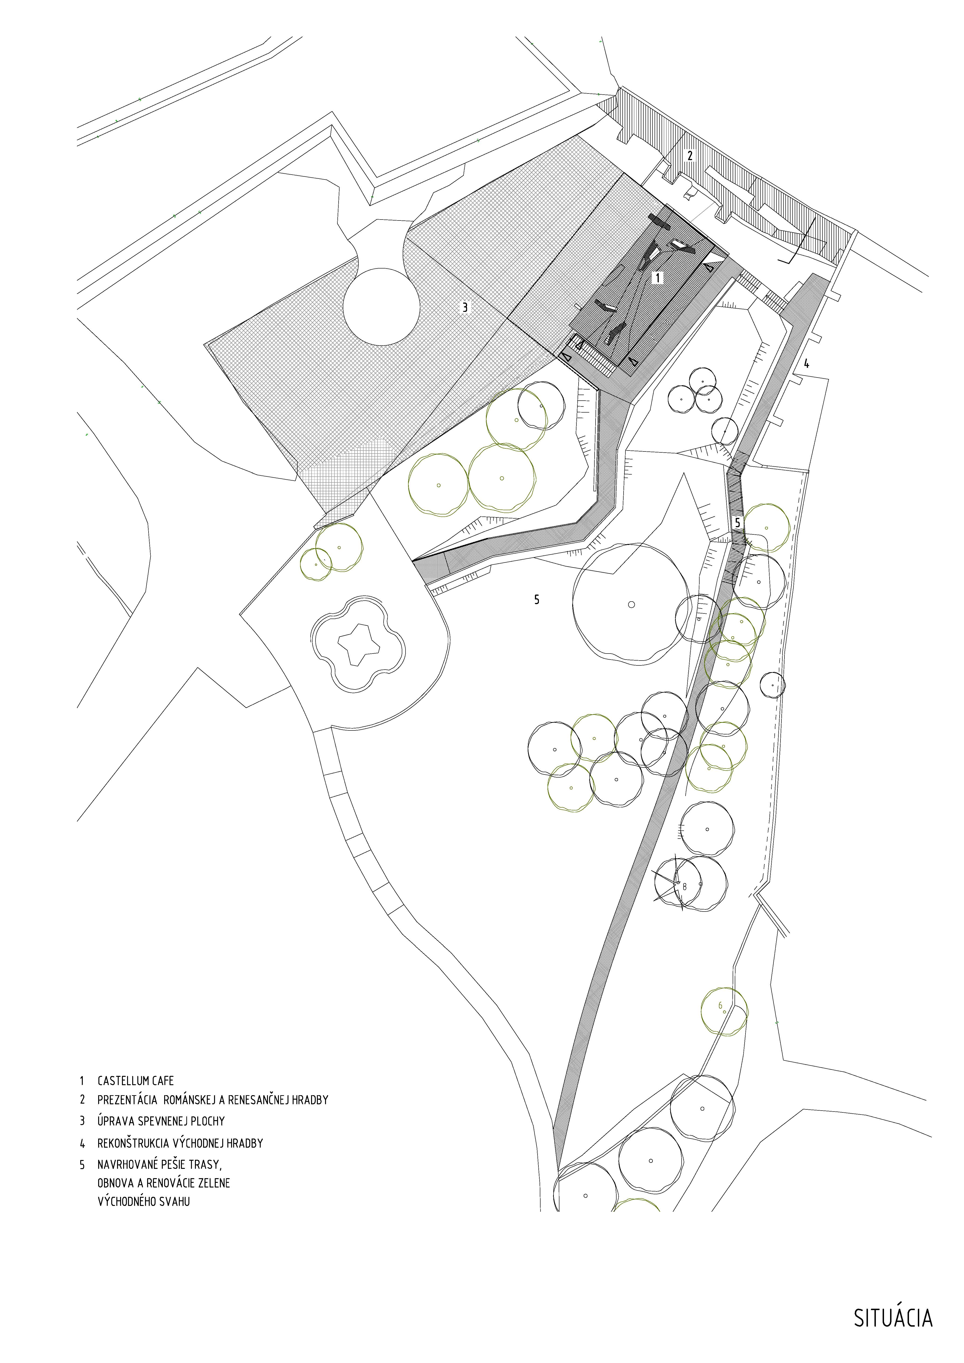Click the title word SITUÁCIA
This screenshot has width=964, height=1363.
893,1314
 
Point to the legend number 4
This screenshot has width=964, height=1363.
83,1143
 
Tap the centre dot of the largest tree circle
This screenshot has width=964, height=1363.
631,604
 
